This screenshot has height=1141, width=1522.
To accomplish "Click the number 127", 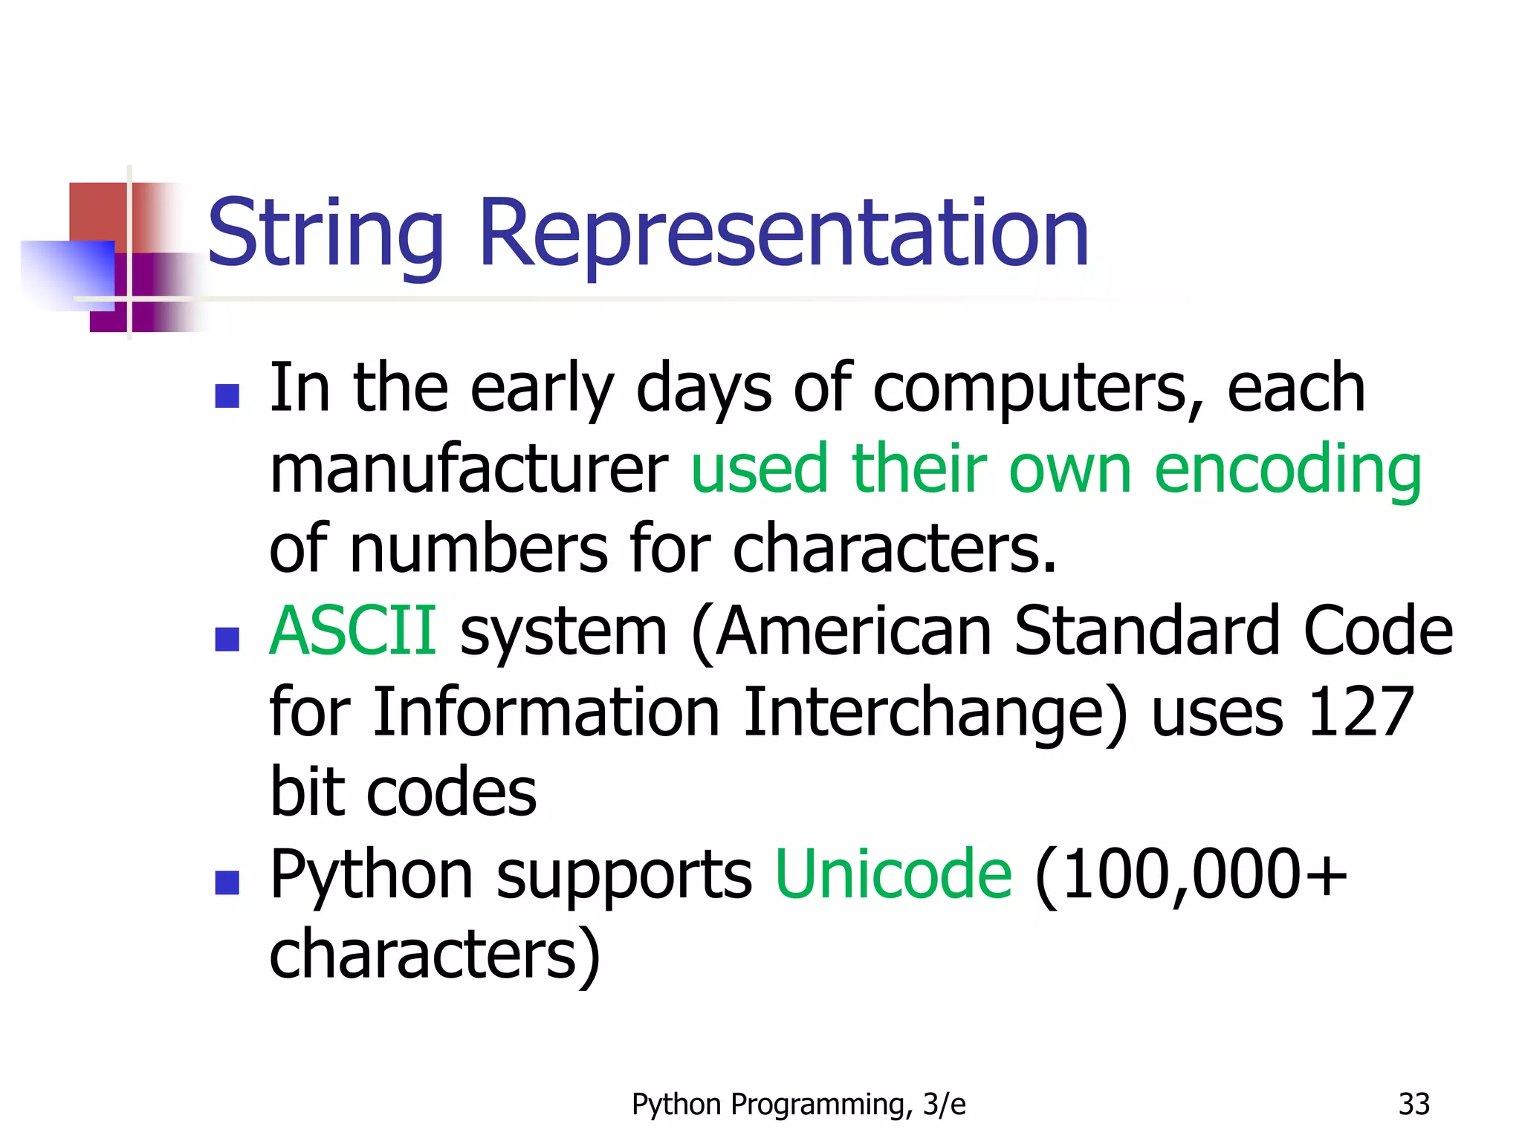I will (x=1360, y=712).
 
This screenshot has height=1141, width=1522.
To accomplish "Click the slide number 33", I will (x=1413, y=1104).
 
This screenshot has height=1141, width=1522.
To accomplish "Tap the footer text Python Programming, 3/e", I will (x=798, y=1105).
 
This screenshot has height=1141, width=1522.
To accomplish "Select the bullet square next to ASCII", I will (x=227, y=639).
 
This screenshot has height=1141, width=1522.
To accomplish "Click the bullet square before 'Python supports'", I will (x=227, y=882).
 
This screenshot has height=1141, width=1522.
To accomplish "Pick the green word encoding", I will (x=1287, y=470).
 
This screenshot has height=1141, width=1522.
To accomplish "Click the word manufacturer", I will (x=468, y=470).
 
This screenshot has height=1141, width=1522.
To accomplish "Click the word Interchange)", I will (x=935, y=713).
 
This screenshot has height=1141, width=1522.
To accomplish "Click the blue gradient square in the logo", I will (x=68, y=273).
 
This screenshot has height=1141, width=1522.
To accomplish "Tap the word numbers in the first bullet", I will (x=478, y=550).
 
